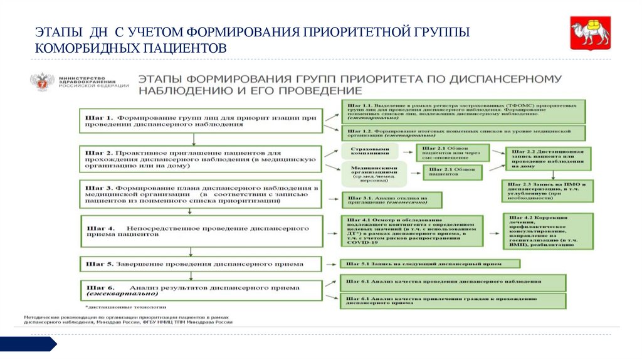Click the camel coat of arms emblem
tap(589, 34)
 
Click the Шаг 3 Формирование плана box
tap(201, 195)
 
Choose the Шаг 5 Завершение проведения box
tap(201, 265)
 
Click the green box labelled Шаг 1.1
tap(463, 111)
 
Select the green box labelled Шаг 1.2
tap(463, 132)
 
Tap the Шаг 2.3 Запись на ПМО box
tap(547, 191)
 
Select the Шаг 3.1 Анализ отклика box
tap(391, 200)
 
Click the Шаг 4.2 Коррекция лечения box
tap(547, 231)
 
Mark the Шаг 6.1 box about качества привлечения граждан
tap(453, 301)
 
